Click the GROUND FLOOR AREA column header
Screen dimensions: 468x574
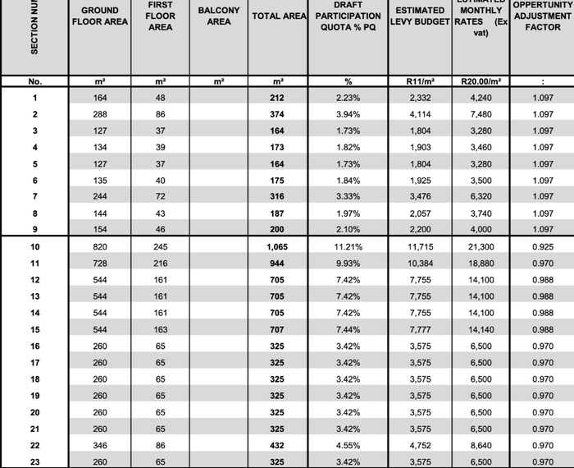[99, 16]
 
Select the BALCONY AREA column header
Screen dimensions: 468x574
[219, 16]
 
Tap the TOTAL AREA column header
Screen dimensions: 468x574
[278, 16]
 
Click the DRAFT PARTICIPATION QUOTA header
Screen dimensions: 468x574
[348, 16]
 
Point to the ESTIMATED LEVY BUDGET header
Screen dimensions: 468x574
[420, 16]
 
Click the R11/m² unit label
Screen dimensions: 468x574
[420, 82]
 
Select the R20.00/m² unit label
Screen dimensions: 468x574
[481, 82]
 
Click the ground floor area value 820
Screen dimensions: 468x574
[99, 246]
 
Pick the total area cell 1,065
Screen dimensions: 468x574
[278, 246]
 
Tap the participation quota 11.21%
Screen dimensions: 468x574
[348, 246]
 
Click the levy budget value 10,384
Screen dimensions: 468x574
[420, 263]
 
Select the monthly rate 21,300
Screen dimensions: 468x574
[481, 246]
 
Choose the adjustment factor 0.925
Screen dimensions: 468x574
[542, 246]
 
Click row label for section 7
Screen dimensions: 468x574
[34, 196]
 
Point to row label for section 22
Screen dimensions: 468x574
[34, 445]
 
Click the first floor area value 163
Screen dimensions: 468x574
[161, 329]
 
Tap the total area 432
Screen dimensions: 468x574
[278, 445]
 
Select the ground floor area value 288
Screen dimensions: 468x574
[99, 114]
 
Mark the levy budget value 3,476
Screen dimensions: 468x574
[420, 196]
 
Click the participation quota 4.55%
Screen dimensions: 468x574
[348, 445]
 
